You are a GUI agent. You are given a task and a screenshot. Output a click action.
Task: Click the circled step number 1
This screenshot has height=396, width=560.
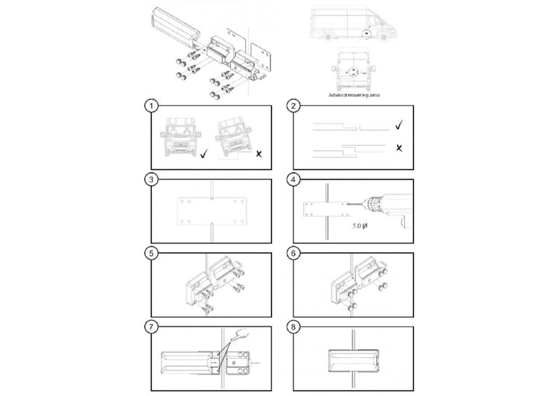(x=151, y=105)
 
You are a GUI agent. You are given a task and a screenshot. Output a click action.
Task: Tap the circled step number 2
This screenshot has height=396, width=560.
(x=294, y=105)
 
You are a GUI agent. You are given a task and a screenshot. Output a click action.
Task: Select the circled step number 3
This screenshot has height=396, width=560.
(x=151, y=178)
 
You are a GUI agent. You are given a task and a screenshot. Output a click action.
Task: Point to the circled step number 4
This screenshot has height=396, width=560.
(x=294, y=178)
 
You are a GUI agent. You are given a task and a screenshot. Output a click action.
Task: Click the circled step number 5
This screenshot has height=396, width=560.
(x=151, y=251)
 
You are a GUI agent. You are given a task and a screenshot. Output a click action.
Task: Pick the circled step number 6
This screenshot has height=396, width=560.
(x=294, y=251)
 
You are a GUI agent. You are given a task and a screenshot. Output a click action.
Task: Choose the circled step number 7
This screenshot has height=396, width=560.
(x=151, y=324)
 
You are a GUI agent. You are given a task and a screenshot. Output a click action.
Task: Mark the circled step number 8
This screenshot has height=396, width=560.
(x=294, y=324)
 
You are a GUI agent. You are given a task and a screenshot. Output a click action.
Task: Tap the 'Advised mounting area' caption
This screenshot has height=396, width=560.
(x=355, y=94)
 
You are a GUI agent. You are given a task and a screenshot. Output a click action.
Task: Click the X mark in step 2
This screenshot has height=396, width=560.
(x=399, y=148)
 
